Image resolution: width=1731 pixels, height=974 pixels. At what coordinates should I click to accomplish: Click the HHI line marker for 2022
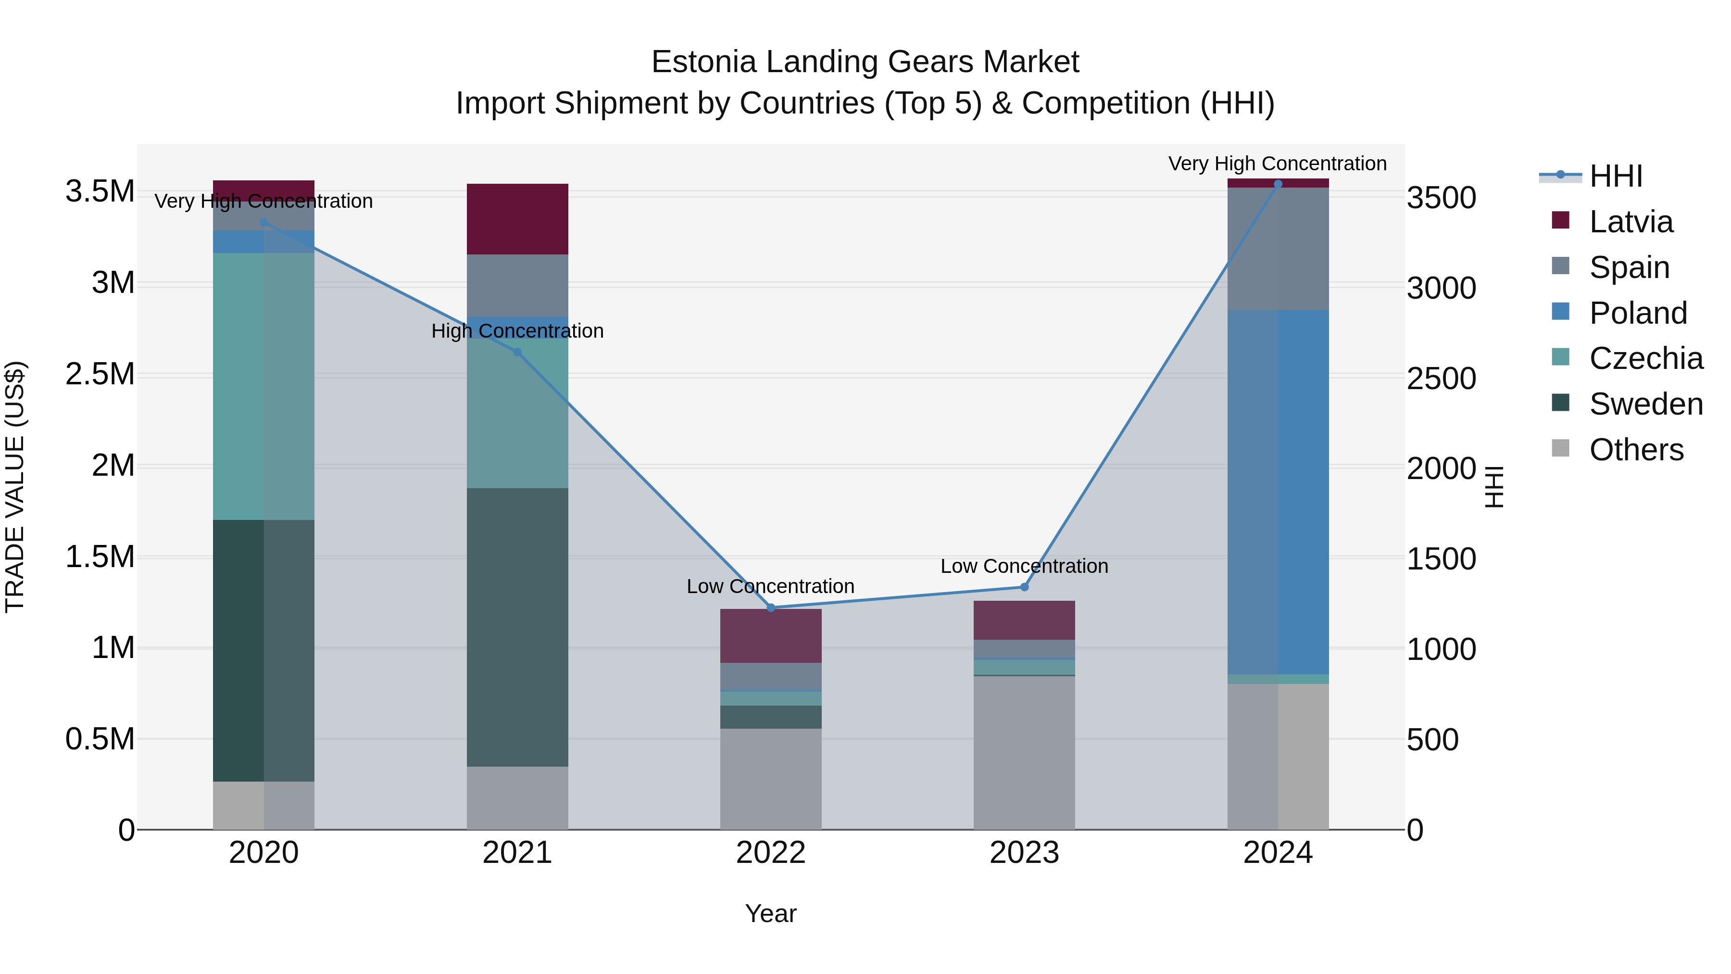click(x=771, y=607)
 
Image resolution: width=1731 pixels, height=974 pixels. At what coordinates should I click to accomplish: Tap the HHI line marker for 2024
click(x=1278, y=184)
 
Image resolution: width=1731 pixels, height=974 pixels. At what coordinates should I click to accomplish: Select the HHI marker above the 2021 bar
click(x=517, y=352)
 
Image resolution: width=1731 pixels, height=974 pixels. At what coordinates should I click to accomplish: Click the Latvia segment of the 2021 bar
click(x=517, y=219)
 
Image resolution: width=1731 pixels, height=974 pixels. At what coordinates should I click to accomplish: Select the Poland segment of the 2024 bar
click(x=1278, y=492)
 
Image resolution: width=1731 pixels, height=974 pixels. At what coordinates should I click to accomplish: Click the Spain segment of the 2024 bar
click(x=1278, y=249)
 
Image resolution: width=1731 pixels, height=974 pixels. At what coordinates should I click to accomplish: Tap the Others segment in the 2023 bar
click(x=1024, y=752)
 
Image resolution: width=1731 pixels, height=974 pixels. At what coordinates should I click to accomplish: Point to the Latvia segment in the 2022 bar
click(x=771, y=636)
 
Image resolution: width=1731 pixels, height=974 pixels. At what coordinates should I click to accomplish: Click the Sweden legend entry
click(x=1646, y=404)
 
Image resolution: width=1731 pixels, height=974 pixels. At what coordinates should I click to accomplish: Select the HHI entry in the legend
click(x=1616, y=176)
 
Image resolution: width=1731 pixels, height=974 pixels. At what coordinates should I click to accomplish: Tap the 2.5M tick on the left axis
click(x=100, y=374)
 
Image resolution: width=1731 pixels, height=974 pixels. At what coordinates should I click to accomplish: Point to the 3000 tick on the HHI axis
click(x=1442, y=289)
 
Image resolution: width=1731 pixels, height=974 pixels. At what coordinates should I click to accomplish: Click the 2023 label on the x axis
click(x=1024, y=853)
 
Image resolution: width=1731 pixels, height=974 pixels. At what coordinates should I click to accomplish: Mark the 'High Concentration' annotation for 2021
click(x=517, y=331)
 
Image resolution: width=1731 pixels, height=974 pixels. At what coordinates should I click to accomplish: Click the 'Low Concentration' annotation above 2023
click(x=1024, y=566)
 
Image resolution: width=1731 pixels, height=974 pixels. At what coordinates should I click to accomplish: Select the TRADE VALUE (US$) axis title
click(x=15, y=487)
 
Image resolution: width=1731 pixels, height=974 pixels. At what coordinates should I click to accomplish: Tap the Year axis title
click(x=771, y=913)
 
